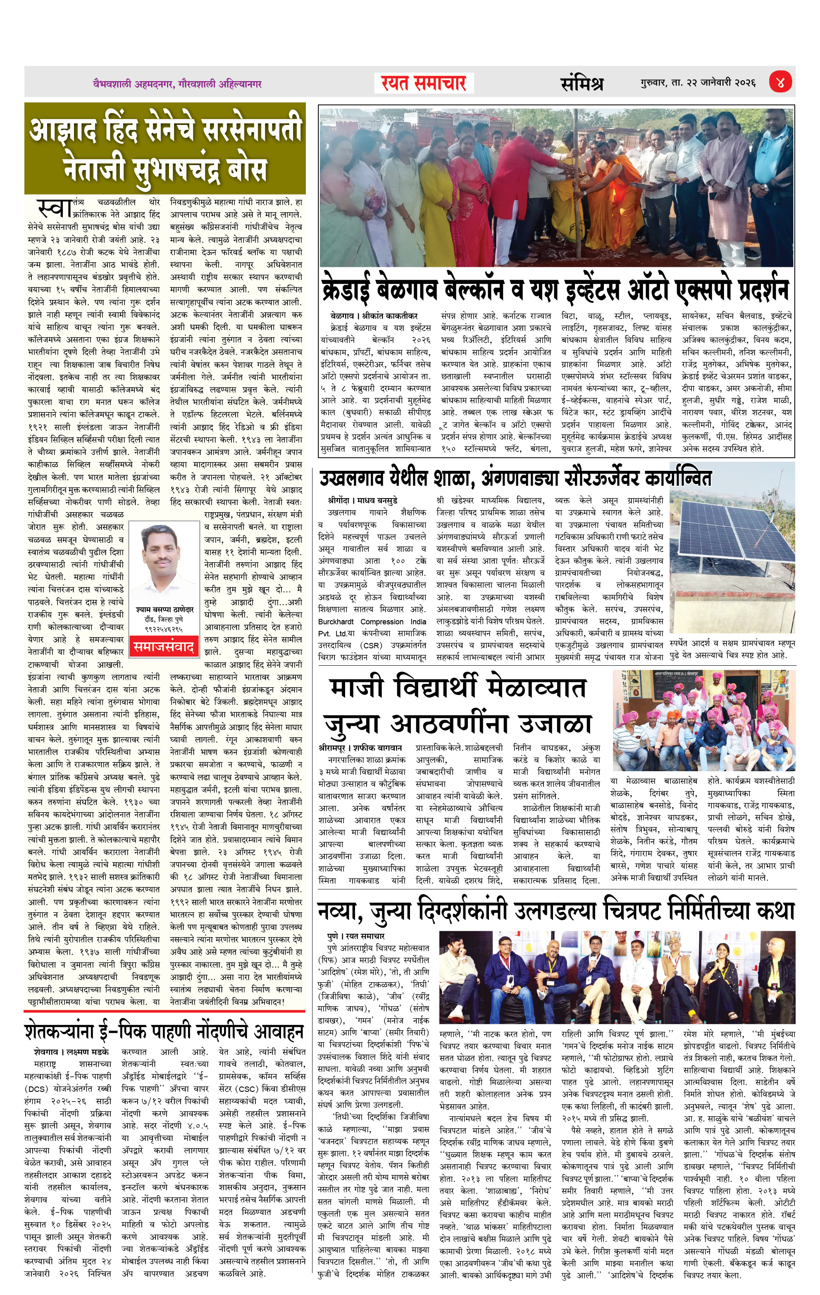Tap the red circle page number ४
(779, 83)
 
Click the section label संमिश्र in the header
(582, 83)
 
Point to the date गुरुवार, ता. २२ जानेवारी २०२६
(698, 83)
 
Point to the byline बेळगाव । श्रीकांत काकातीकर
(374, 316)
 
